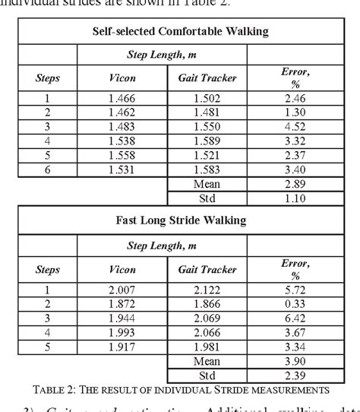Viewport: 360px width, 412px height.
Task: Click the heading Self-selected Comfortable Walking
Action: (179, 32)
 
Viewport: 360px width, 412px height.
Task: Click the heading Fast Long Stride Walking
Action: (179, 221)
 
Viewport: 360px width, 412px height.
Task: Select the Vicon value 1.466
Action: (122, 98)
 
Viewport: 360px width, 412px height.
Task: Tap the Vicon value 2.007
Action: (122, 290)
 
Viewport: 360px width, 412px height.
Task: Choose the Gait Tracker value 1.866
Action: (207, 302)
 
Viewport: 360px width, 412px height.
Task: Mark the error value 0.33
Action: (295, 302)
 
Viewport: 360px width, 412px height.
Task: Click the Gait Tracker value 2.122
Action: (207, 290)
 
